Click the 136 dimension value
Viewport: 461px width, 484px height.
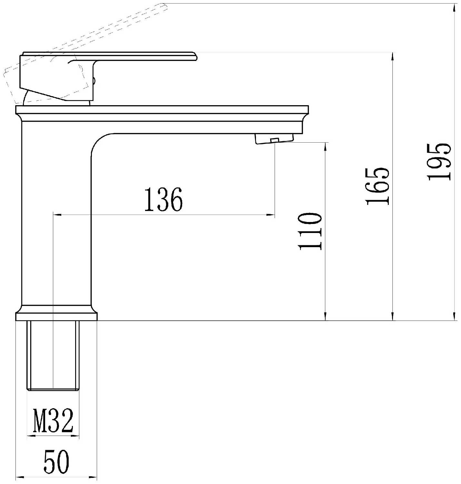click(x=163, y=199)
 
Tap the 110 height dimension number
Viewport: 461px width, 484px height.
click(x=310, y=231)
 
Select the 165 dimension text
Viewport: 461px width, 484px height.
click(x=378, y=187)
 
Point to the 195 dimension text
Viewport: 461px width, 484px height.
click(x=439, y=162)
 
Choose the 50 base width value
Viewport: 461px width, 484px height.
click(x=56, y=461)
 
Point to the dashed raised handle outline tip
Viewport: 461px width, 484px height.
click(x=164, y=6)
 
